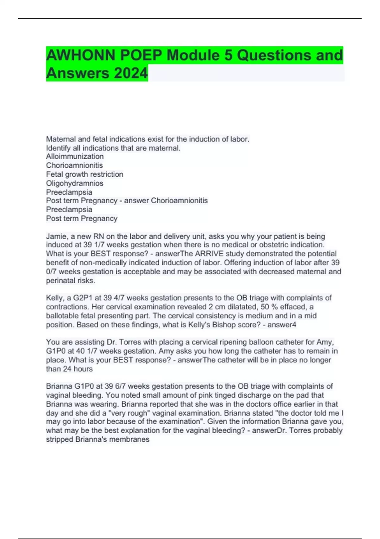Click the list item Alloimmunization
[75, 156]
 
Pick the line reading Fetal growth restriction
[85, 174]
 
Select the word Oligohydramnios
[75, 183]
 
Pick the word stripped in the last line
[60, 439]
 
